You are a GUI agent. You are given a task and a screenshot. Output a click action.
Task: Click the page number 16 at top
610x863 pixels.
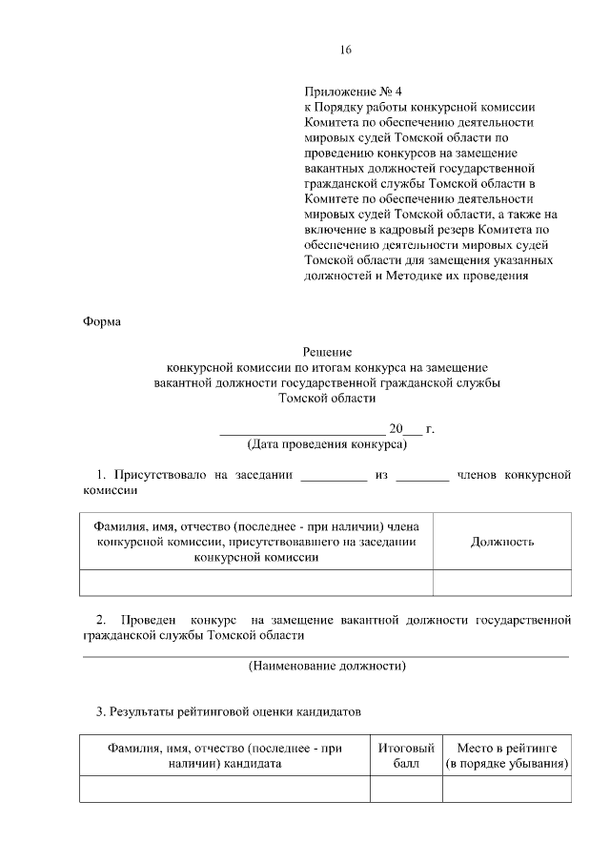point(346,50)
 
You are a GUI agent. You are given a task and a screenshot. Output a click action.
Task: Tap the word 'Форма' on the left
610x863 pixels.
point(101,321)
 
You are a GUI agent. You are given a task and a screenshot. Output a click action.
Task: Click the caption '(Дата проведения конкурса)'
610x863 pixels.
point(327,443)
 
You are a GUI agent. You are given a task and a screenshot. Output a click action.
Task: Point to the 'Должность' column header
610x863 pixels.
point(501,542)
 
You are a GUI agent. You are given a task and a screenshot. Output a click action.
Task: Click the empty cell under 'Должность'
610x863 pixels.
point(501,583)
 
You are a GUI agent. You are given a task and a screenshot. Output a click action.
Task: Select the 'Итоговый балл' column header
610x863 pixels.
point(406,756)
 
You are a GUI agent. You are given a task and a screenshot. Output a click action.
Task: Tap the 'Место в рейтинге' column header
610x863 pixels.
point(506,756)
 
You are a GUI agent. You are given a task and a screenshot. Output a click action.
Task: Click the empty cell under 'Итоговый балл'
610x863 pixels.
point(406,790)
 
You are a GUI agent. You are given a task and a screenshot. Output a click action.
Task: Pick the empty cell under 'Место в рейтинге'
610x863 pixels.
point(506,790)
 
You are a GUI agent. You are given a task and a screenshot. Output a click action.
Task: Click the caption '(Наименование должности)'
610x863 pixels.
point(327,666)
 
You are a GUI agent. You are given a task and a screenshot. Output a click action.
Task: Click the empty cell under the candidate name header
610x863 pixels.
point(225,790)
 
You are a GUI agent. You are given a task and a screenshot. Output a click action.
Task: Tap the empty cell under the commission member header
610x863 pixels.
point(256,583)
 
